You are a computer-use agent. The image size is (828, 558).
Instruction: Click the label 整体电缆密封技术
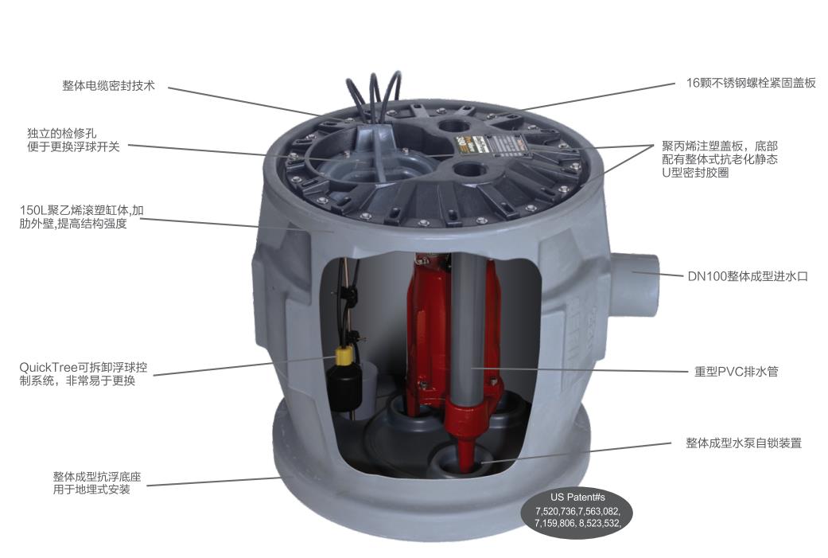coord(108,86)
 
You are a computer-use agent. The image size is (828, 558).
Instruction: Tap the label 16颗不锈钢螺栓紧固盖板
coord(751,83)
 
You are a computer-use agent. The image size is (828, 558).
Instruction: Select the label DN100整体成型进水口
coord(748,276)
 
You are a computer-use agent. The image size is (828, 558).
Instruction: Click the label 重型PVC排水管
coord(736,372)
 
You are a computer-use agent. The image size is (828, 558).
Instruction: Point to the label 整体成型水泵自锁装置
coord(744,443)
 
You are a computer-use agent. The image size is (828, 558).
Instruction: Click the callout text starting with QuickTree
coord(84,373)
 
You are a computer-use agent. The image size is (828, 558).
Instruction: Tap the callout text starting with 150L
coord(81,217)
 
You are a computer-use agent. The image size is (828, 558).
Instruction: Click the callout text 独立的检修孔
coord(62,134)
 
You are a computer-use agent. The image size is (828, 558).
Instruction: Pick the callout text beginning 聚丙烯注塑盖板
coord(720,159)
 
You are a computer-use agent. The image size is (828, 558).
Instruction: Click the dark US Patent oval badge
coord(577,511)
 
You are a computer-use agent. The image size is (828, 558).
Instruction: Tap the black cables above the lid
coord(373,95)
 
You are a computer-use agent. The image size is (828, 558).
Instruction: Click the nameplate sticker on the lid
coord(495,146)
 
